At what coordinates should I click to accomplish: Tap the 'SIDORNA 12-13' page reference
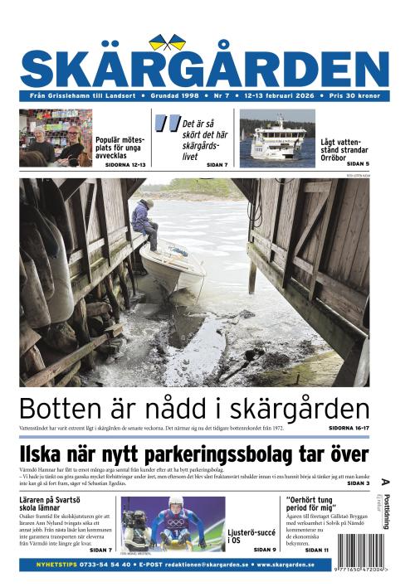(125, 165)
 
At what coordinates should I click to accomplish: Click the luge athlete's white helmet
(175, 503)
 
